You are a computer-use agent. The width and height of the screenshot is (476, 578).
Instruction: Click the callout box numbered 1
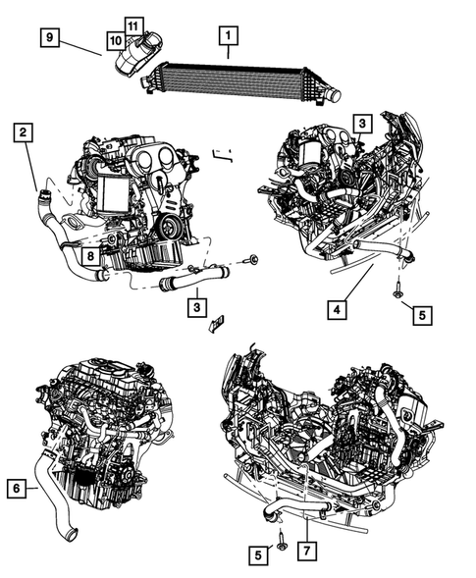tap(229, 35)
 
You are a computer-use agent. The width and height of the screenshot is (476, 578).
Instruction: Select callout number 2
tap(24, 132)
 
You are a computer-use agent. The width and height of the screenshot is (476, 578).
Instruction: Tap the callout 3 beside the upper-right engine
tap(362, 124)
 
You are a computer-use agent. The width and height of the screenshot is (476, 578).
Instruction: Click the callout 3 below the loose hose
tap(197, 307)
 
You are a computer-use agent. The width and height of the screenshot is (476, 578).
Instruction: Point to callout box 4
tap(337, 310)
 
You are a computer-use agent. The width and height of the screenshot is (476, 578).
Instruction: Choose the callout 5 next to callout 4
tap(422, 316)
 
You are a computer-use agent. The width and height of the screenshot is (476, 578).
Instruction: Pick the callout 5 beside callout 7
tap(258, 554)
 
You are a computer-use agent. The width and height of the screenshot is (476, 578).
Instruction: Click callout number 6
tap(17, 489)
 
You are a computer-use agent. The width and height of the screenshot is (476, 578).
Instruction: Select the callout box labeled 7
tap(307, 552)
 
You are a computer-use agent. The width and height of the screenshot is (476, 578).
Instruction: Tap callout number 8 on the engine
tap(90, 256)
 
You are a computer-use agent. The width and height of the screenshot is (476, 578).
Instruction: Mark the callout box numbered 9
tap(50, 37)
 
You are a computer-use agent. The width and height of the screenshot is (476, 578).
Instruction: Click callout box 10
tap(116, 41)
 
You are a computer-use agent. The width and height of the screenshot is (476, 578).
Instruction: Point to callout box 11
tap(133, 26)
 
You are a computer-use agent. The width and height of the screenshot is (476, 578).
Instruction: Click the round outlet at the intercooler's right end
tap(335, 96)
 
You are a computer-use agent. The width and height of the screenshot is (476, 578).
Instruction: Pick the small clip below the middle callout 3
tap(218, 323)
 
